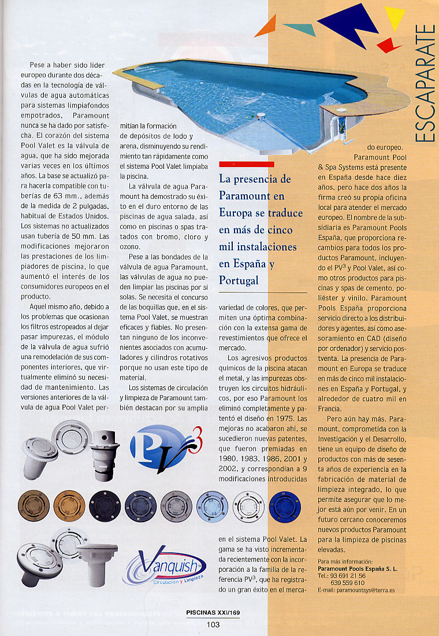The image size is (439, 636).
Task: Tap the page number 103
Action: [x=213, y=624]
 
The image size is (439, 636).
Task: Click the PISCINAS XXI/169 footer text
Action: [x=213, y=613]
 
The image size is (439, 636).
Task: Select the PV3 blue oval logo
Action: [x=158, y=447]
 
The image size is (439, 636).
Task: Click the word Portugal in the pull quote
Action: [x=239, y=280]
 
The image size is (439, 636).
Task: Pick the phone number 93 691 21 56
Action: [x=348, y=576]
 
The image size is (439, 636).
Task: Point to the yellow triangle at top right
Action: [x=396, y=17]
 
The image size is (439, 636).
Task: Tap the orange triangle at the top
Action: [x=267, y=27]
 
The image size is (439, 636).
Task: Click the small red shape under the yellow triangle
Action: [x=389, y=43]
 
